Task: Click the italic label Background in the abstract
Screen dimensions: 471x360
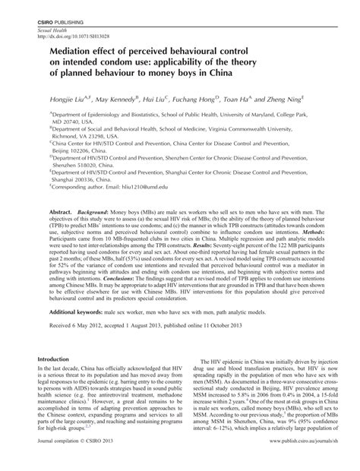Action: [101, 188]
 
